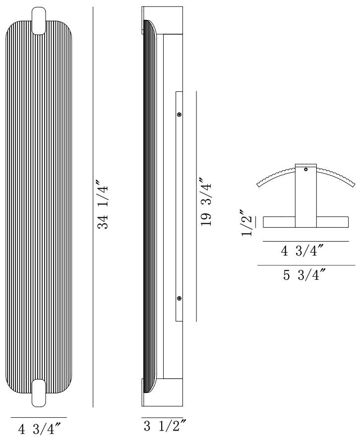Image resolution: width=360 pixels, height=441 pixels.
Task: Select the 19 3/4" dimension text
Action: pos(206,202)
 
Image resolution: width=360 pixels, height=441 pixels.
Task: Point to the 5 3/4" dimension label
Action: pos(304,275)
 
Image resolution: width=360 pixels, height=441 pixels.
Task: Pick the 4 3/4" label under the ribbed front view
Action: pos(39,428)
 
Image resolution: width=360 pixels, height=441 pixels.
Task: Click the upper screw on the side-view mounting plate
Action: pos(179,115)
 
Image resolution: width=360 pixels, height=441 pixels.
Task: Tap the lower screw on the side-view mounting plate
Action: pos(179,298)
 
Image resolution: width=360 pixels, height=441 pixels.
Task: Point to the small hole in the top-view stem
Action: pos(306,170)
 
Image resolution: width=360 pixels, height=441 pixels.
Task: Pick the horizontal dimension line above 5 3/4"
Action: pos(306,265)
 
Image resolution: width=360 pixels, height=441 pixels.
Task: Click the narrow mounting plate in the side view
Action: pos(179,206)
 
